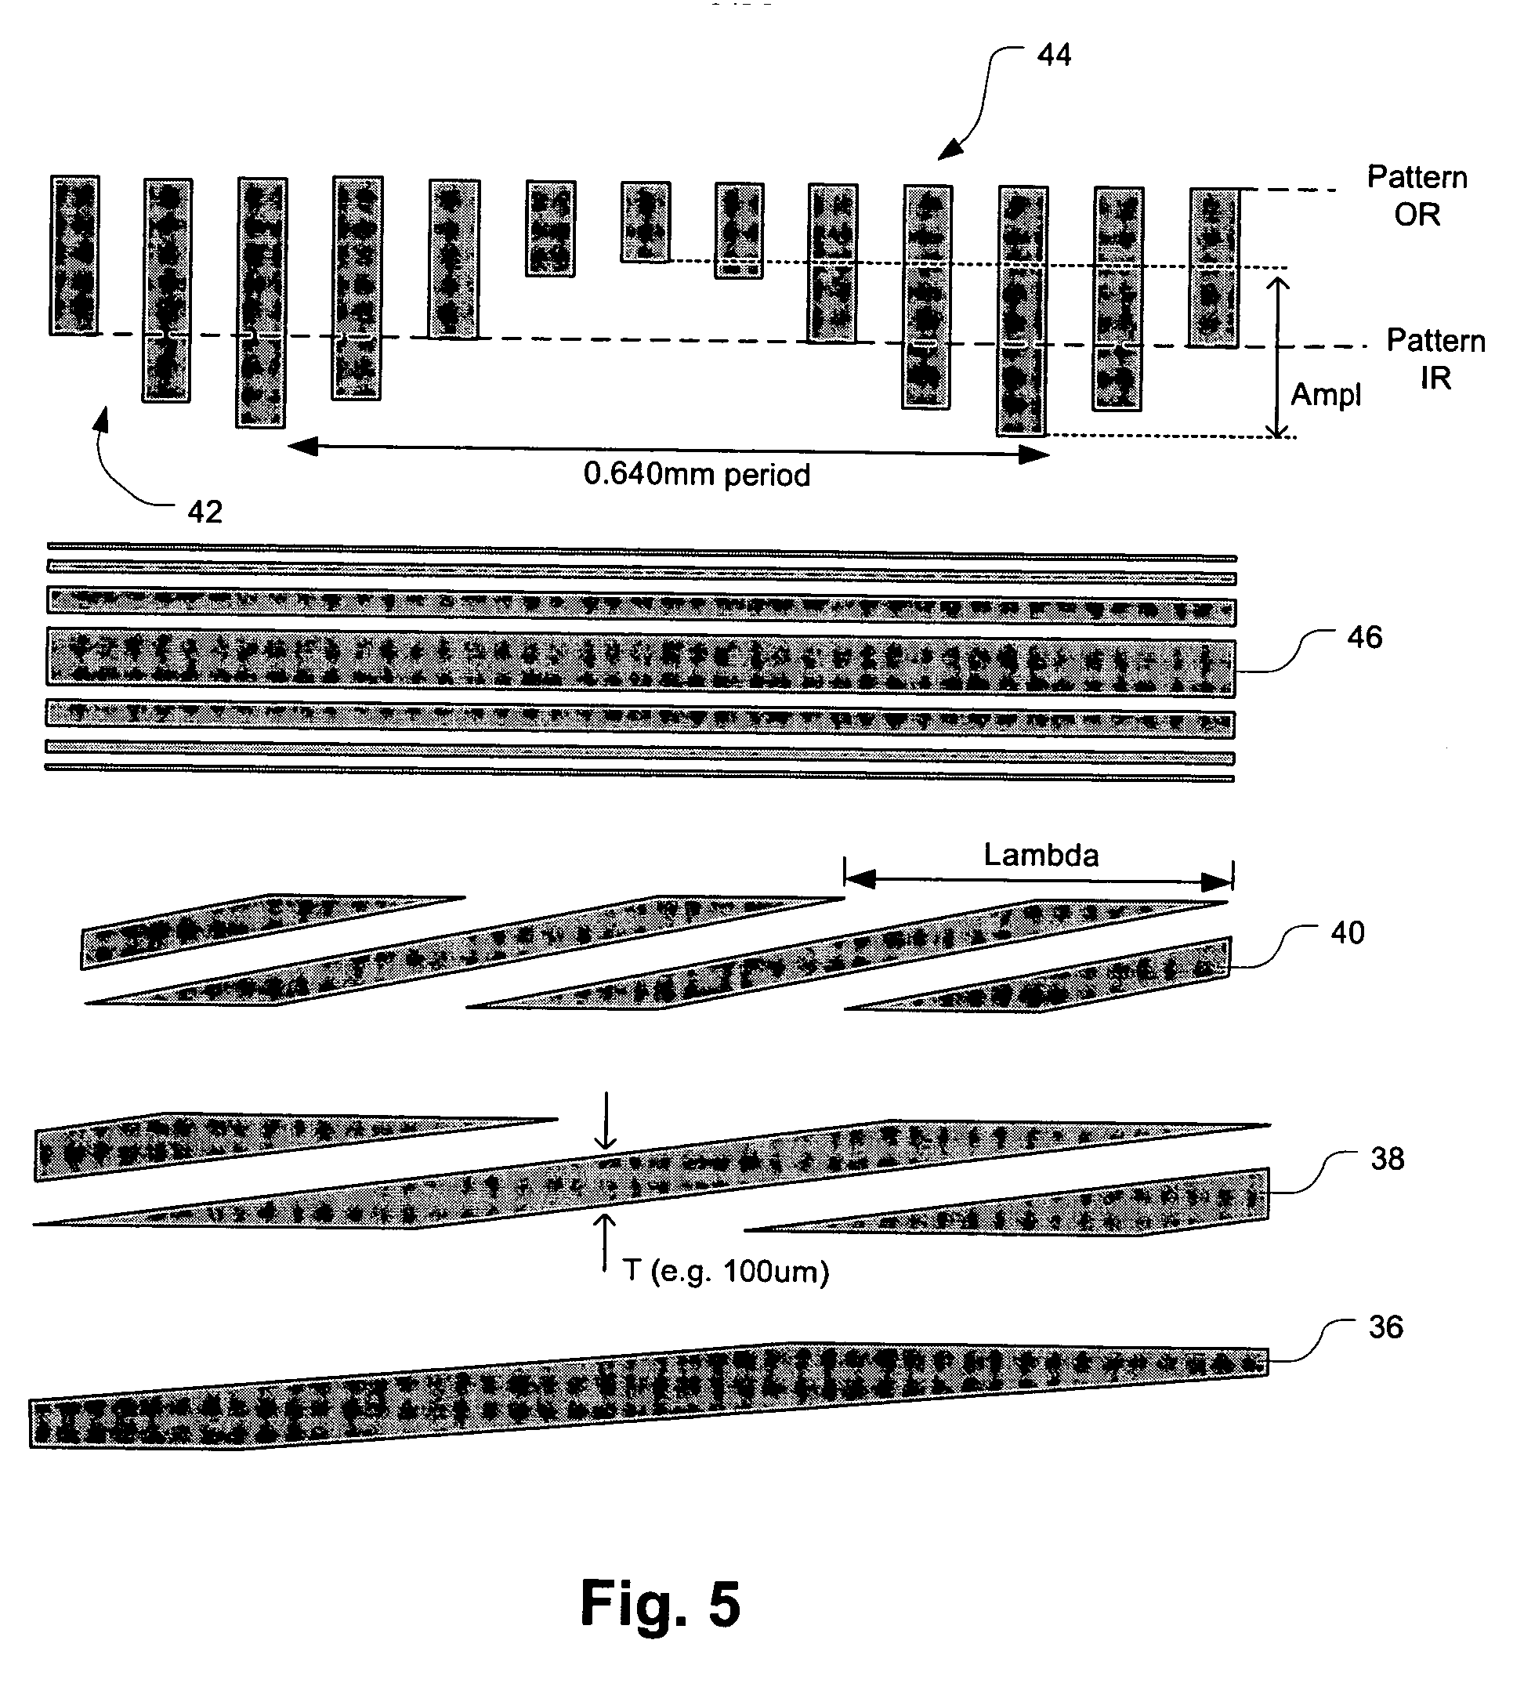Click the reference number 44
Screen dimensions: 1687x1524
pos(1053,55)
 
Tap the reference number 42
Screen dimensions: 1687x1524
pos(205,512)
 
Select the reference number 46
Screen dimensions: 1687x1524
pos(1364,638)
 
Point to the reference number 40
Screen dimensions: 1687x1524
pos(1347,932)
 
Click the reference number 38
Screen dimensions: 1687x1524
pos(1387,1158)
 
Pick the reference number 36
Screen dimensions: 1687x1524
pos(1385,1327)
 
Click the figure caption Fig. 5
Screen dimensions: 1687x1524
pos(661,1603)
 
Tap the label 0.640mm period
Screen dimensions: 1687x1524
pos(697,475)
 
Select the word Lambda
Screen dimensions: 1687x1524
pos(1041,854)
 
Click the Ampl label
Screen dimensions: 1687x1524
pos(1325,394)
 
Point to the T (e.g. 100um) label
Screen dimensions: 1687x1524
pos(726,1271)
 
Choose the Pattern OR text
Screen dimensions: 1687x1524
pos(1416,196)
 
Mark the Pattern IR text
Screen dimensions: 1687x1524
pos(1435,359)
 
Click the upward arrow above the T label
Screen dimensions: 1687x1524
pos(604,1244)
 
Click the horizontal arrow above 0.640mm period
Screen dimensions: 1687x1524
pos(668,451)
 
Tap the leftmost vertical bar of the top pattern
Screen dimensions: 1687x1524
pos(74,255)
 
